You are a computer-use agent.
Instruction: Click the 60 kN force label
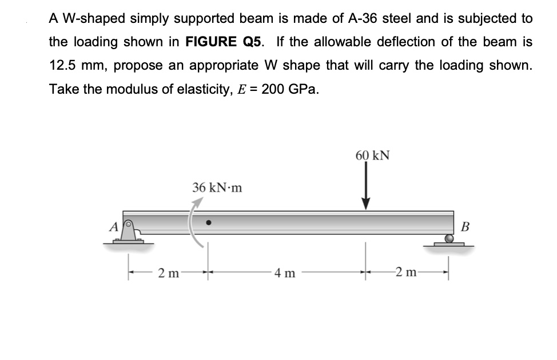click(372, 155)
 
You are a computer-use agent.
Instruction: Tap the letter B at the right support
click(464, 226)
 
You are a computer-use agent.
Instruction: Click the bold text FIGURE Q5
click(228, 42)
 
